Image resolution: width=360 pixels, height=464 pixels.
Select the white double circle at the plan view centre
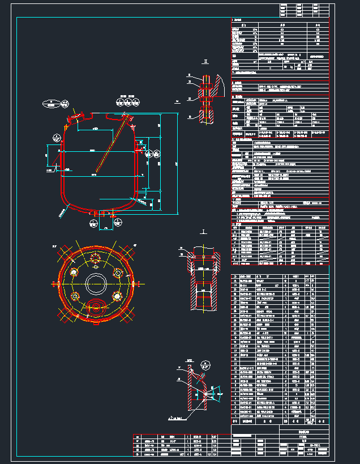click(95, 282)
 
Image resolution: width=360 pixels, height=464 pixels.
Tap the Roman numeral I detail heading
click(203, 232)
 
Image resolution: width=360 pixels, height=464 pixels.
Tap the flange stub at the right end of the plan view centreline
click(132, 282)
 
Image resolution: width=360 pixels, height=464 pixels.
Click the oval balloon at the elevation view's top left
click(55, 103)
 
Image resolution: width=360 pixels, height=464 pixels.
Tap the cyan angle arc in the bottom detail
click(192, 374)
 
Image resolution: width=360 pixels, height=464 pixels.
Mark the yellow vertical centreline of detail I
click(204, 278)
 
